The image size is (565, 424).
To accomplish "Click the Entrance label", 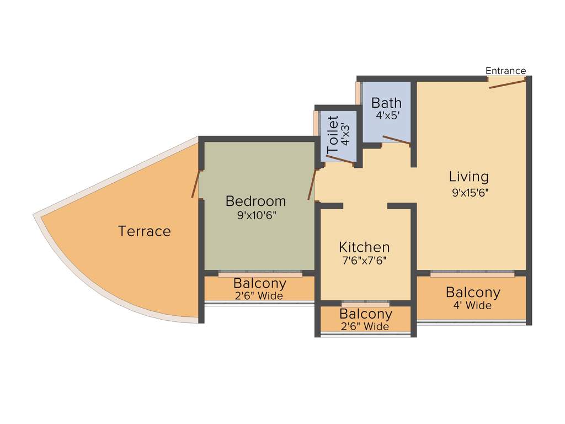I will pos(505,71).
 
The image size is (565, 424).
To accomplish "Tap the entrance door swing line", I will pos(507,83).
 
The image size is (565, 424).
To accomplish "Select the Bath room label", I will pos(386,103).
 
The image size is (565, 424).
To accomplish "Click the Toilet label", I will pos(333,135).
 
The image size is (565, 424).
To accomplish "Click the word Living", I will pos(468,177).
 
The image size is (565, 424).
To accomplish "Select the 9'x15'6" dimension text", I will pos(470,193).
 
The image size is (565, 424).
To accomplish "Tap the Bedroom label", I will pos(256,201).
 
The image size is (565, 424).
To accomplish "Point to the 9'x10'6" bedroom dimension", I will pos(256,215).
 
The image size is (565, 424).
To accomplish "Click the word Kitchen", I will pos(364,247).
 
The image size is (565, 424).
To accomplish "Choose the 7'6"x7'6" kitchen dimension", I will pos(364,261).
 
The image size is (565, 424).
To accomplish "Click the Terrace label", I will pos(145,231).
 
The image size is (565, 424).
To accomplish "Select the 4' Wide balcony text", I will pos(473,305).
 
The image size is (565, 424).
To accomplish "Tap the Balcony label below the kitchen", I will pos(365,314).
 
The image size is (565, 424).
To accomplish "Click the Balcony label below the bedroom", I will pos(259,284).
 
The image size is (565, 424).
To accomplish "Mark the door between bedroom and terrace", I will pos(195,184).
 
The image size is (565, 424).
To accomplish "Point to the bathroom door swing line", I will pos(396,140).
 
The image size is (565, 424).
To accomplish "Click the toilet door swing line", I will pos(339,160).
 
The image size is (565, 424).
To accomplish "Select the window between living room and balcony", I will pos(472,273).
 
